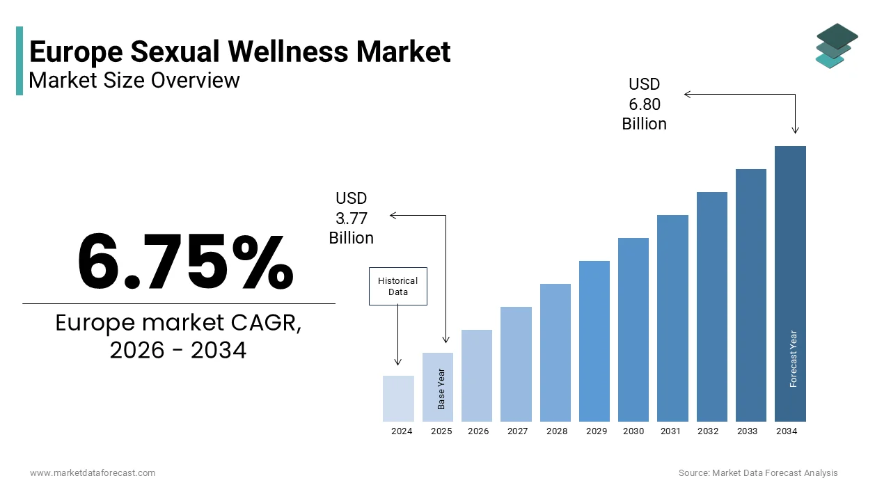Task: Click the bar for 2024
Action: click(398, 399)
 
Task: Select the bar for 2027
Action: click(516, 364)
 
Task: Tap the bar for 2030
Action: click(633, 330)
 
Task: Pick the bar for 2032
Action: click(711, 307)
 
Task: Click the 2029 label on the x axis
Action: click(597, 431)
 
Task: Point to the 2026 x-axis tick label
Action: click(478, 431)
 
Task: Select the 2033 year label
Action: click(747, 431)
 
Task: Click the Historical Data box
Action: click(397, 287)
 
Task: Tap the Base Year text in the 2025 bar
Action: click(441, 388)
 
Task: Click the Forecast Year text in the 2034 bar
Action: click(794, 358)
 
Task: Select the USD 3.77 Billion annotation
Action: click(352, 218)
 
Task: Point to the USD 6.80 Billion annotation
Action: click(644, 104)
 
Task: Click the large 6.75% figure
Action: click(185, 262)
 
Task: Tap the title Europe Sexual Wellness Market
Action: click(240, 51)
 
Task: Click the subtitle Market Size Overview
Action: click(134, 81)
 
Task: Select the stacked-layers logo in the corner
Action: click(836, 45)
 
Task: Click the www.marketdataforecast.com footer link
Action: click(93, 473)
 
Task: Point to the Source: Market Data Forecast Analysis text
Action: click(758, 473)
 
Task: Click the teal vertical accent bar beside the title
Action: click(19, 61)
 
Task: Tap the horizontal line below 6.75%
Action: click(178, 303)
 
